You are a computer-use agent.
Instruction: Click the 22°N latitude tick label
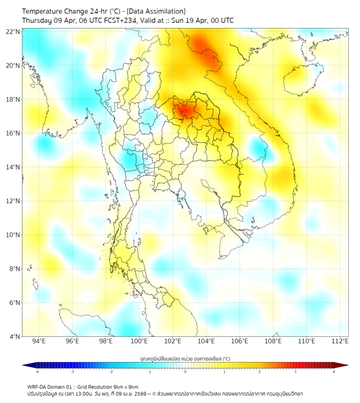(x=13, y=31)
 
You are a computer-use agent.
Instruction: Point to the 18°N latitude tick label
(x=13, y=99)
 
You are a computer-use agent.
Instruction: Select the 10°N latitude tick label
(x=13, y=235)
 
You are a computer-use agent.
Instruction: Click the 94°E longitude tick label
(x=39, y=341)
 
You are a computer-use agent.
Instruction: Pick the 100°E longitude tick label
(x=139, y=341)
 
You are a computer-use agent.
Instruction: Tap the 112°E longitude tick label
(x=340, y=341)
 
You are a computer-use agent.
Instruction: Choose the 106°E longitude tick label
(x=240, y=341)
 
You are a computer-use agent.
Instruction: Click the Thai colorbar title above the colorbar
(x=185, y=359)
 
